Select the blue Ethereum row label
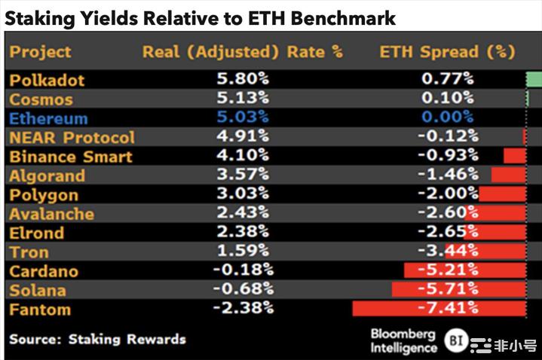48,118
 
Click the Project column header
40,52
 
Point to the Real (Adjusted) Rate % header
242,52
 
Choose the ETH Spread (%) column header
447,52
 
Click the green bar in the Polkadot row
534,79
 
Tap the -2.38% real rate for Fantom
243,309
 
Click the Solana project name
38,290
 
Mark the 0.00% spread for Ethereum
447,117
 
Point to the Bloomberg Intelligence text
403,340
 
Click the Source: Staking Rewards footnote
97,339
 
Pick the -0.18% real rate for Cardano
243,270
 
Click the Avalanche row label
51,214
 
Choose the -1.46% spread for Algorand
448,175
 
